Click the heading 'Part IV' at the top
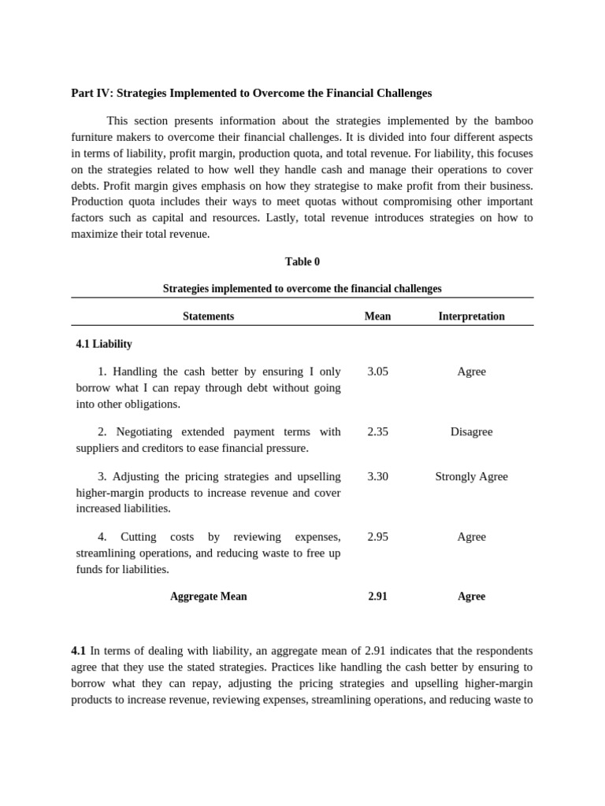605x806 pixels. coord(251,93)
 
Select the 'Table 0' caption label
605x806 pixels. coord(302,261)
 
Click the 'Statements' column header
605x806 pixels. coord(208,316)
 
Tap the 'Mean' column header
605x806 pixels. coord(377,316)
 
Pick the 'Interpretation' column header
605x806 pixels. coord(471,316)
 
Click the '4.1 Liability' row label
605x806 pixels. coord(104,344)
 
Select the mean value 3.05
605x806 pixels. coord(377,372)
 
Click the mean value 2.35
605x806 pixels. coord(377,431)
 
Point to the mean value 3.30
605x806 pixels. coord(377,476)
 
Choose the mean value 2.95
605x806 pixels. coord(377,537)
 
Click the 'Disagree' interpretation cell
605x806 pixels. coord(471,431)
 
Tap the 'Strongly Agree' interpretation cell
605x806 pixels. coord(471,476)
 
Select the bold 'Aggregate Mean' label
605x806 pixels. coord(208,597)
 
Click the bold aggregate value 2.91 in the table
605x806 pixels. coord(377,597)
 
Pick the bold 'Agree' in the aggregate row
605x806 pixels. coord(471,597)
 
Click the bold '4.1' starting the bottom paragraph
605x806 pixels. coord(78,651)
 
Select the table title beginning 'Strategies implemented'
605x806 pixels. coord(302,289)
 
